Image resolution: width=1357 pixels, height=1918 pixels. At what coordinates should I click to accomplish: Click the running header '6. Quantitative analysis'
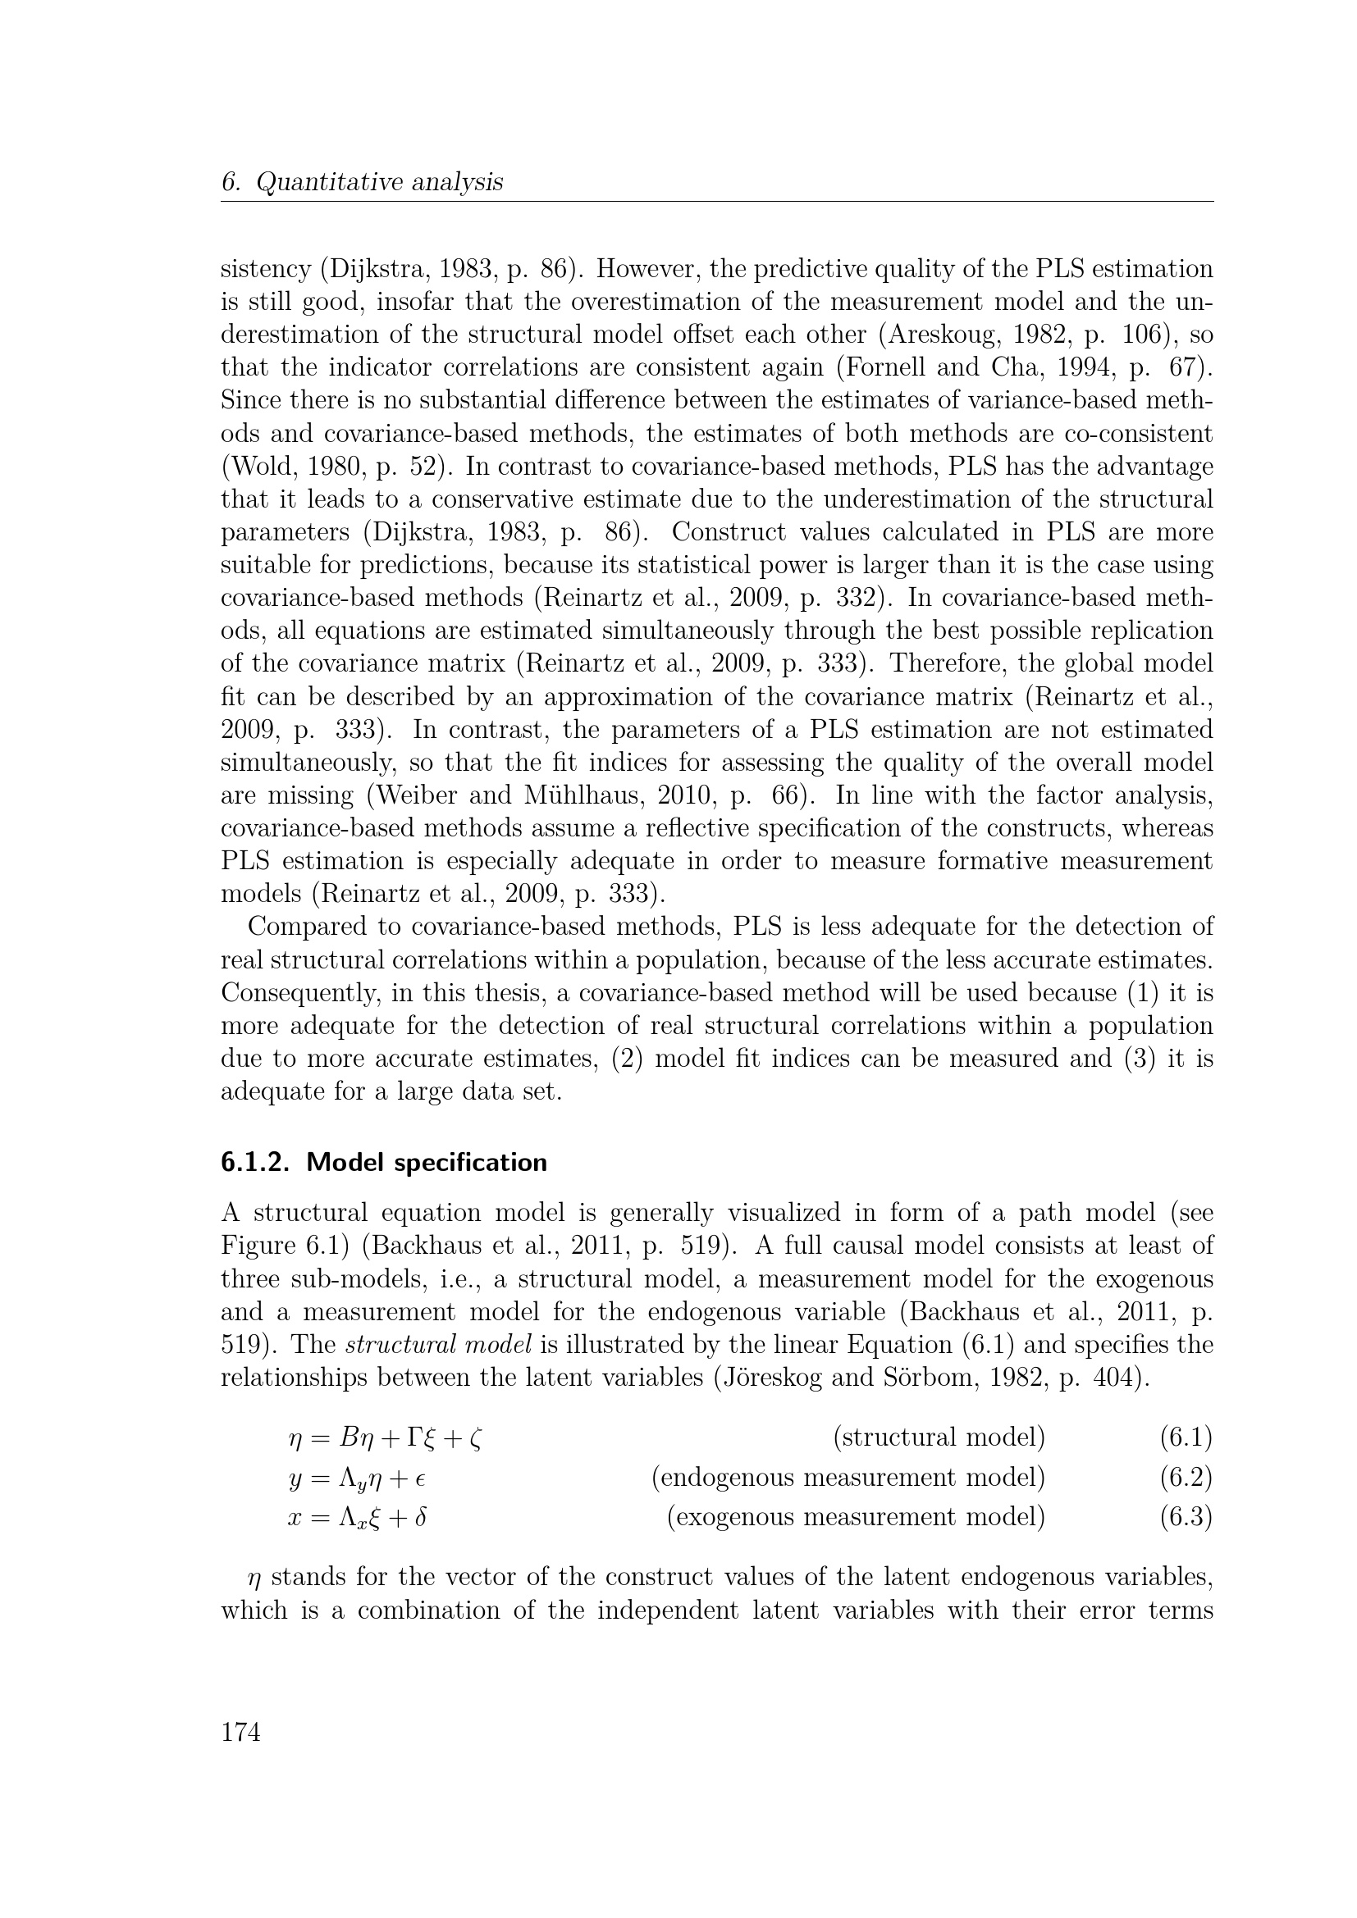click(x=362, y=182)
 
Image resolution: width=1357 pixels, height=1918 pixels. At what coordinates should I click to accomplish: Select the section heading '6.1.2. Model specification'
click(x=383, y=1162)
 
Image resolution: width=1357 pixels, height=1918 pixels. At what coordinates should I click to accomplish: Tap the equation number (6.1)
click(x=1185, y=1437)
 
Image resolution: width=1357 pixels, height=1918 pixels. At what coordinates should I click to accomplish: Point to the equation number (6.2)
click(x=1185, y=1477)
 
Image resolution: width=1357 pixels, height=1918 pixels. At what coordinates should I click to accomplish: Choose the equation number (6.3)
click(x=1185, y=1516)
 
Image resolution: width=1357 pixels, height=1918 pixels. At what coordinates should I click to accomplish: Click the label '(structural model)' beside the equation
click(x=939, y=1437)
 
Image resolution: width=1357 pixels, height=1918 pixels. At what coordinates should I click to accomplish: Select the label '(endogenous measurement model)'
click(x=848, y=1477)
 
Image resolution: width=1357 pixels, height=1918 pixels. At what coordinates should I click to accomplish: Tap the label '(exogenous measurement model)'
click(x=856, y=1516)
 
